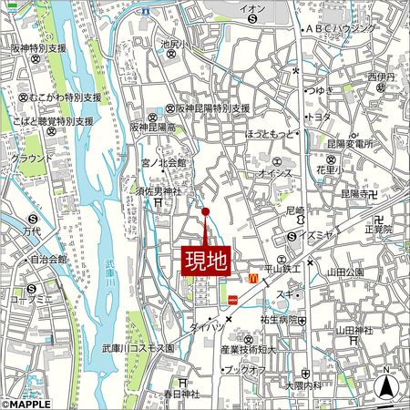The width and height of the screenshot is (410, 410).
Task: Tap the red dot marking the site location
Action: click(205, 212)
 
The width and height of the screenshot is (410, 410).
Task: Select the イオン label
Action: click(253, 9)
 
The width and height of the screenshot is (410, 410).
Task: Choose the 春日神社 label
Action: click(180, 394)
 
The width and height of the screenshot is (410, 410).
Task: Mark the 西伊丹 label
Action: click(379, 77)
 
